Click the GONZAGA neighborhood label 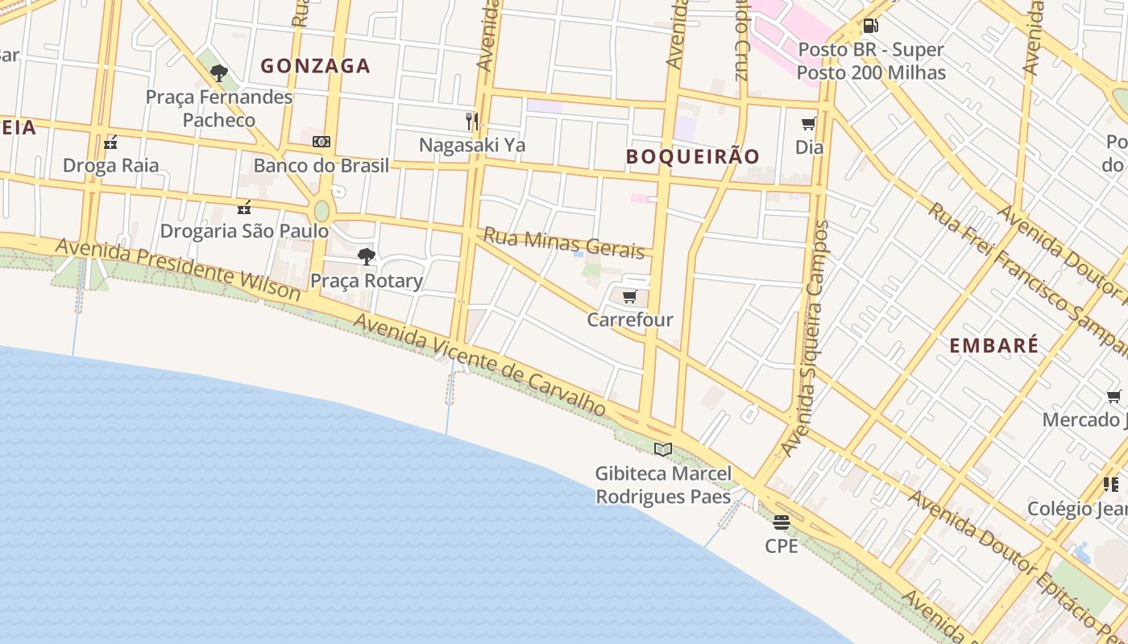tap(315, 66)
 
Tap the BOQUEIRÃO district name tap(693, 156)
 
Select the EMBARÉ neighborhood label tap(993, 346)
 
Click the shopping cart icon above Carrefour tap(630, 297)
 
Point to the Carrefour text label tap(630, 320)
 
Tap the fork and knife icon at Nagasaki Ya tap(472, 122)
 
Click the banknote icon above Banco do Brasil tap(321, 142)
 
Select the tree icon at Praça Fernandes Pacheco tap(218, 73)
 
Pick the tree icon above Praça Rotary tap(367, 257)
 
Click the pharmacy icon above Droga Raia tap(111, 142)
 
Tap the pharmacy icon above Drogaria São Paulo tap(244, 208)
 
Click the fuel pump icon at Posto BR tap(870, 26)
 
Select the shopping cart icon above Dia tap(809, 123)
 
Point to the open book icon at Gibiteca tap(663, 449)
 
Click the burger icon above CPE tap(781, 522)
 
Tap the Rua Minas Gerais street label tap(563, 242)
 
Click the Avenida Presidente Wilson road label tap(178, 268)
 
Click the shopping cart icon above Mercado tap(1113, 396)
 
